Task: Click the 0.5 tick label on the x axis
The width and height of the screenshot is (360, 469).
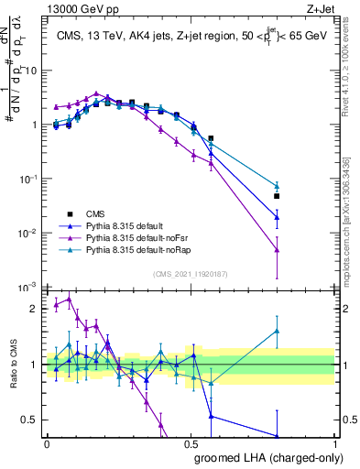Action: click(191, 444)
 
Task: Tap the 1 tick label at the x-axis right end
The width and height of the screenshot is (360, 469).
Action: click(335, 444)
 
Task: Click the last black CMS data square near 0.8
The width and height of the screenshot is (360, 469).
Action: click(277, 196)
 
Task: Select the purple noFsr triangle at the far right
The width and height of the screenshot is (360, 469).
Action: click(277, 249)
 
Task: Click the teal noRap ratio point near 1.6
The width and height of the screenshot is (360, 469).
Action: click(277, 331)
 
